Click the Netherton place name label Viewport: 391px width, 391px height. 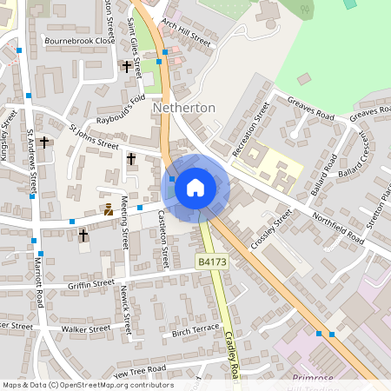click(x=183, y=108)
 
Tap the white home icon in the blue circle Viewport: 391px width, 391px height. click(x=195, y=187)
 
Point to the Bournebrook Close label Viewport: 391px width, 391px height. click(x=80, y=41)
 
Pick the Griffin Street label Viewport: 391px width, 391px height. click(x=91, y=283)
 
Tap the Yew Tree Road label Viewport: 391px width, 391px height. click(x=139, y=370)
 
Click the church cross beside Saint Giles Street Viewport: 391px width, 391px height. click(x=126, y=66)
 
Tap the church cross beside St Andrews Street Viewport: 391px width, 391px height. click(x=44, y=142)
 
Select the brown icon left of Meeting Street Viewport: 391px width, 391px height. click(x=109, y=209)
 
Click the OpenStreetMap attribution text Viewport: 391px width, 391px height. click(x=87, y=385)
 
